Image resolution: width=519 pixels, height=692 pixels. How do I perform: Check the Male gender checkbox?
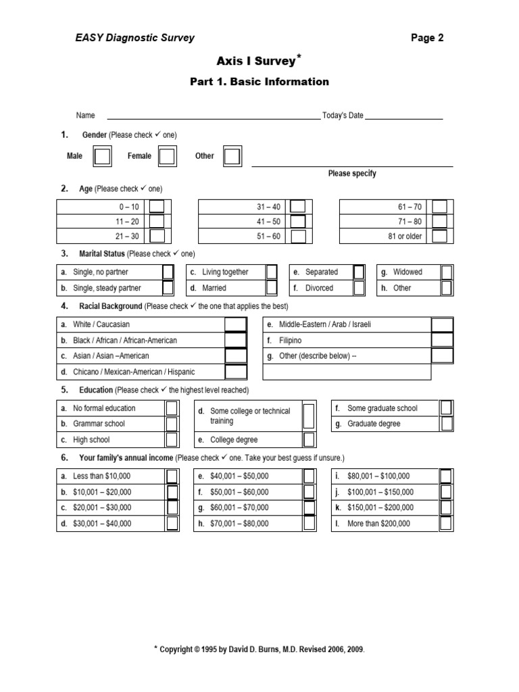pos(103,157)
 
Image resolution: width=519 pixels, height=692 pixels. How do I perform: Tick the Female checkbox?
pos(166,157)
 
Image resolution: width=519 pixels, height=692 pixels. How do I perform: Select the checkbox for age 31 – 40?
pos(297,206)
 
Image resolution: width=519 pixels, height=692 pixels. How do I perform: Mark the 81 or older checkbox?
pos(439,236)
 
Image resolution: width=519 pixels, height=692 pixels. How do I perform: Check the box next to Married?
pos(271,288)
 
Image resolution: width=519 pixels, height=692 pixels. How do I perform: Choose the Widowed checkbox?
pos(447,272)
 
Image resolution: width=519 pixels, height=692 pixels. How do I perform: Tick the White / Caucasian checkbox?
pos(235,324)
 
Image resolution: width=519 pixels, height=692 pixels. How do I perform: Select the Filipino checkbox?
pos(442,341)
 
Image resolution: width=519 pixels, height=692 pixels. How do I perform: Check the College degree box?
pos(309,440)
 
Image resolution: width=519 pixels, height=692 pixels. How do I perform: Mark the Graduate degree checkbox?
pos(447,424)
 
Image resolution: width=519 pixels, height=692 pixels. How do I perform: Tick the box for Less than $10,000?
pos(172,476)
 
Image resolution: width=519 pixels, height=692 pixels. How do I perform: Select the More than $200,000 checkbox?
pos(446,523)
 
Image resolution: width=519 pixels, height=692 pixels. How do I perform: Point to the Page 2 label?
pos(427,38)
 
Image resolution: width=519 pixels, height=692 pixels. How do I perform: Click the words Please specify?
pos(352,174)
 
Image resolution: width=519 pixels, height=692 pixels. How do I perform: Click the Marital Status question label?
pos(102,254)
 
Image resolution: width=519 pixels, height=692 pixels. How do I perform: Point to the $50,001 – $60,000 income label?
pos(239,492)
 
